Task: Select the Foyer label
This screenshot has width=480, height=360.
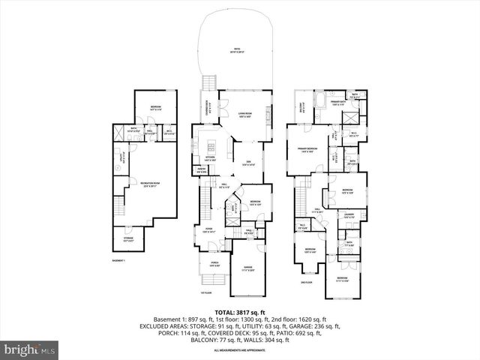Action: click(x=208, y=231)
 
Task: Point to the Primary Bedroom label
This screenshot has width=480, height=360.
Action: click(x=304, y=150)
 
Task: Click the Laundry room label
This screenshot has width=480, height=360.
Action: click(x=349, y=215)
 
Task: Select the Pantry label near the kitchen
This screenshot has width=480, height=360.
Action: click(x=202, y=170)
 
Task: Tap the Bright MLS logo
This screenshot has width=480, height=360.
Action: click(x=30, y=349)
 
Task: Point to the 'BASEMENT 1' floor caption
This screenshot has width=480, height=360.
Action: click(x=118, y=260)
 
